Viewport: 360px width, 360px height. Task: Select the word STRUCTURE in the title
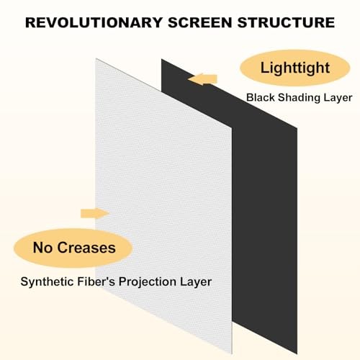pyautogui.click(x=291, y=22)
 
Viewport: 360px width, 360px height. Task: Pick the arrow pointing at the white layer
pyautogui.click(x=94, y=212)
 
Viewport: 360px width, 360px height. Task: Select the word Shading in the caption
pyautogui.click(x=299, y=97)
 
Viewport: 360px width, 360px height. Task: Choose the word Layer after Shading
pyautogui.click(x=336, y=97)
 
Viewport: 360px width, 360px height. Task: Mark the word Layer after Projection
pyautogui.click(x=197, y=281)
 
